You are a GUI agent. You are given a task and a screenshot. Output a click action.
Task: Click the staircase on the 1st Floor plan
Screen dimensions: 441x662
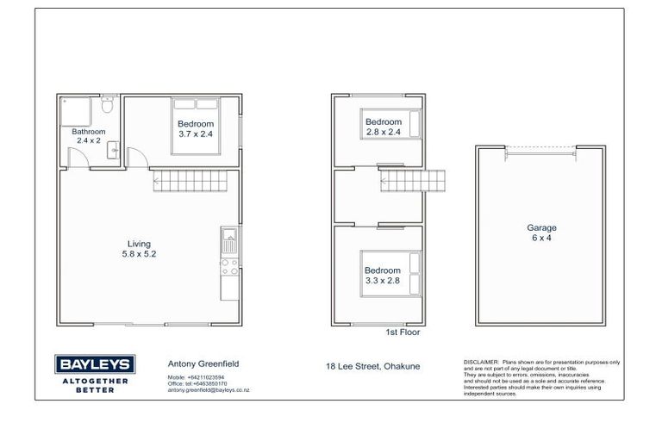pos(414,182)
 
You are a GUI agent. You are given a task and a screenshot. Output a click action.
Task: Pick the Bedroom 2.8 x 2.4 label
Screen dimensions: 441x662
pos(384,127)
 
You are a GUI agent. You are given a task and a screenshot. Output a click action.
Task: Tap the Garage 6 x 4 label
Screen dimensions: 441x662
pos(541,233)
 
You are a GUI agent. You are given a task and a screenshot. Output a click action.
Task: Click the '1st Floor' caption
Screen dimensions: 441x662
pos(403,332)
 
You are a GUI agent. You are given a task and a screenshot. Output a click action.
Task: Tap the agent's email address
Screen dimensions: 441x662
pos(208,391)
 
